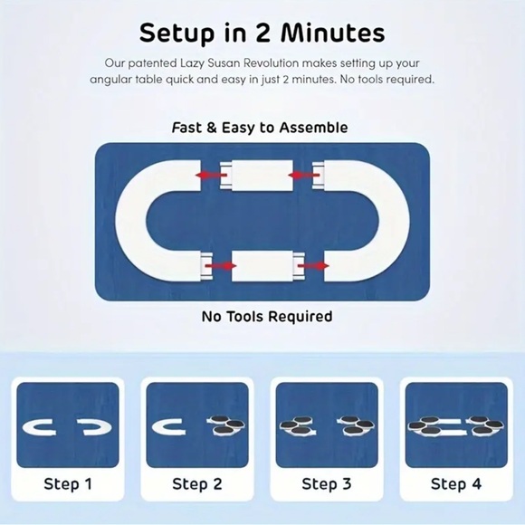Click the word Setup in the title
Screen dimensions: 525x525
click(177, 33)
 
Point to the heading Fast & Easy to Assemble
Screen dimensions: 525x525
click(260, 128)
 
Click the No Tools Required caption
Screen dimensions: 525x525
click(267, 317)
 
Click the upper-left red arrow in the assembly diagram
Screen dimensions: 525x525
click(211, 175)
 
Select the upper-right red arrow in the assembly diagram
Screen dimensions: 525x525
click(303, 175)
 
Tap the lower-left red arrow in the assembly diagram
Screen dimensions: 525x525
click(221, 266)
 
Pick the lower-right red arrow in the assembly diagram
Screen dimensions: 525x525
click(313, 266)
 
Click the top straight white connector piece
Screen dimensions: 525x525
click(256, 176)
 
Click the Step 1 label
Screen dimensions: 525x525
click(68, 484)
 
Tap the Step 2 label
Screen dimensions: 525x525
click(197, 484)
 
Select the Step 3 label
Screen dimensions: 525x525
click(327, 484)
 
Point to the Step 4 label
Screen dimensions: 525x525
click(456, 484)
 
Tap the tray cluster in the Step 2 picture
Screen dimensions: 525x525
click(226, 425)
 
